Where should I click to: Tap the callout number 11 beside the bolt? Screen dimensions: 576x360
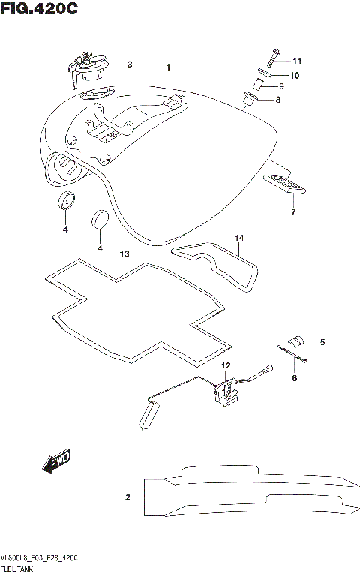coord(296,61)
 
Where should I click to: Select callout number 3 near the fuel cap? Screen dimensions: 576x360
coord(129,65)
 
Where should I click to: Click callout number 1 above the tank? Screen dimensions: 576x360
coord(169,67)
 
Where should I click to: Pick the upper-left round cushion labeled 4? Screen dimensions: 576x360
coord(67,201)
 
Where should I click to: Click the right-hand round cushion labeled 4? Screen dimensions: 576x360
coord(100,220)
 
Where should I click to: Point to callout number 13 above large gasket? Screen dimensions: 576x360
coord(124,254)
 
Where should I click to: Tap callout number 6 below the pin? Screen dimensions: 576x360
coord(294,378)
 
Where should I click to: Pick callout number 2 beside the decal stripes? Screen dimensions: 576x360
coord(127,497)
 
